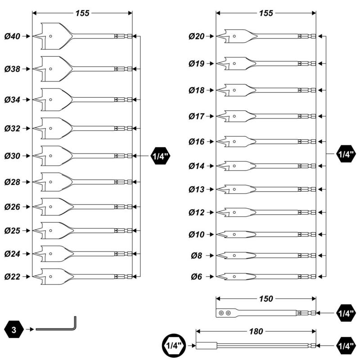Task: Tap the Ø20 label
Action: (197, 36)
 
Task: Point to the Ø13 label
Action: (197, 189)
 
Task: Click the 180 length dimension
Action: (256, 331)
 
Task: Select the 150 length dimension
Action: (266, 298)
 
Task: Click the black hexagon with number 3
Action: (14, 330)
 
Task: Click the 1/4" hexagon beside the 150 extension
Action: (346, 312)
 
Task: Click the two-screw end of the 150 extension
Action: (224, 313)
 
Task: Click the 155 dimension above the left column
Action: (82, 13)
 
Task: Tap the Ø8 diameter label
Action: (197, 256)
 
